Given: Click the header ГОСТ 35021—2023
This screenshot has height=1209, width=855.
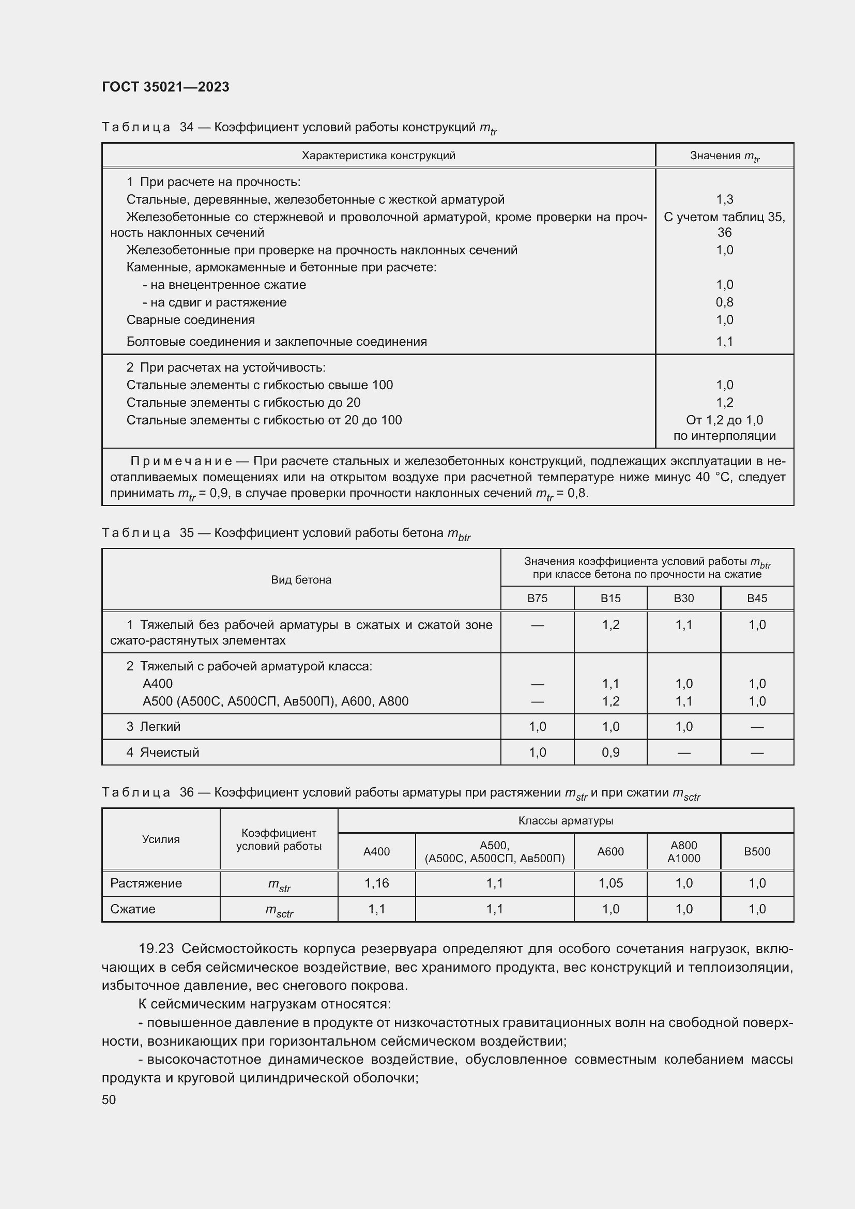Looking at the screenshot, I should click(x=165, y=87).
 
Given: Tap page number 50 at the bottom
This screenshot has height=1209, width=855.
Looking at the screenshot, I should click(x=109, y=1099).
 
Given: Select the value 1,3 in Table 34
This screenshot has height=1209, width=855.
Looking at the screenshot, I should click(x=724, y=200).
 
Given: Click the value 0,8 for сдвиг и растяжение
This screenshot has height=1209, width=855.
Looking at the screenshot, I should click(x=724, y=302).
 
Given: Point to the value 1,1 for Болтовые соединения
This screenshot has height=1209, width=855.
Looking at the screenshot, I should click(x=724, y=342).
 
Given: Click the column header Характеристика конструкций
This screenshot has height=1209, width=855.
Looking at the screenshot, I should click(x=378, y=156).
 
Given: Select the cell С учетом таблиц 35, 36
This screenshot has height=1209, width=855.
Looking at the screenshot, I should click(x=724, y=224).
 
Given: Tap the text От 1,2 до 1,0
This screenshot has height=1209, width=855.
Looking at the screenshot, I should click(x=724, y=420).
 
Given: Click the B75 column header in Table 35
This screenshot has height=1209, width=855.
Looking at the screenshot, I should click(x=537, y=599).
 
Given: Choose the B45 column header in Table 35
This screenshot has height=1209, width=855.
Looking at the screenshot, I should click(x=757, y=599).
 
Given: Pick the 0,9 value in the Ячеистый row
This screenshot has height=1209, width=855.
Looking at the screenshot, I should click(x=610, y=753).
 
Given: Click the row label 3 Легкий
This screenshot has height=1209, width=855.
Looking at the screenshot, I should click(x=153, y=727).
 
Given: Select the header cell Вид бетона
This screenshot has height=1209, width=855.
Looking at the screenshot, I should click(x=301, y=580).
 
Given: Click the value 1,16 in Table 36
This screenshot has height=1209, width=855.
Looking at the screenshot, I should click(x=376, y=883).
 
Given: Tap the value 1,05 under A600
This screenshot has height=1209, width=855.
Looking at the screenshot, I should click(x=610, y=883).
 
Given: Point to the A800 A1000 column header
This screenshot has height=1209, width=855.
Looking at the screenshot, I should click(x=683, y=851).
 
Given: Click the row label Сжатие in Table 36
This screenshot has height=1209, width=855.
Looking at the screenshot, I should click(x=133, y=909).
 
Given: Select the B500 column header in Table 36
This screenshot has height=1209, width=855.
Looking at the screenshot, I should click(x=757, y=851).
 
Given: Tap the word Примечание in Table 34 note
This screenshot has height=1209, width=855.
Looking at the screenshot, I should click(x=181, y=462).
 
